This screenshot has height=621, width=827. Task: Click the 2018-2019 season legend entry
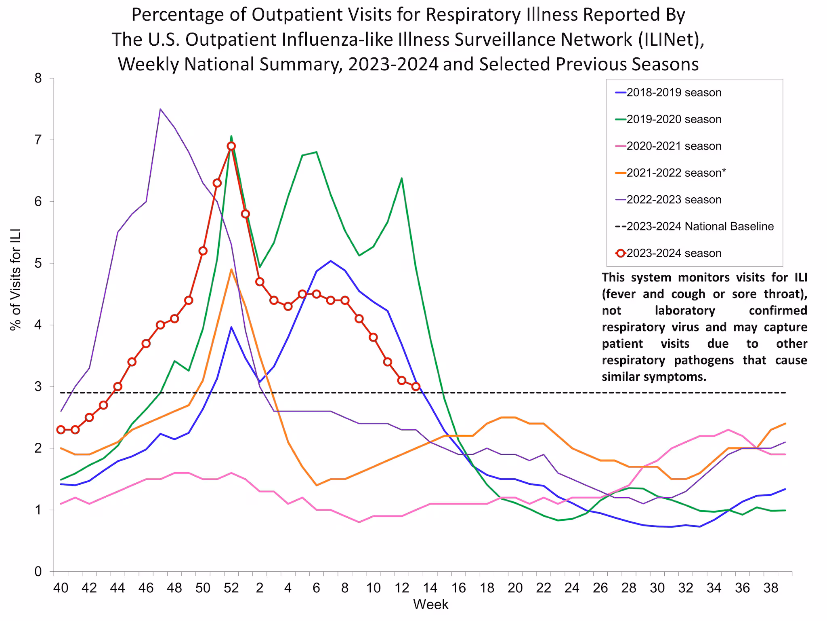[x=673, y=93]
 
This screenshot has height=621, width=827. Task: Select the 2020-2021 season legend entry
[x=673, y=146]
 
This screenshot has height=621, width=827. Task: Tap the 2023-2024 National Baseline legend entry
[x=699, y=226]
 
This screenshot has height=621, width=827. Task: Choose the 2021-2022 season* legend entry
[x=676, y=173]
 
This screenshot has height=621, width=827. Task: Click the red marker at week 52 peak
[x=231, y=146]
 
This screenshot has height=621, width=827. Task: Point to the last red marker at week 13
[x=416, y=387]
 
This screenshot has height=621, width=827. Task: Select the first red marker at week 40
[x=61, y=429]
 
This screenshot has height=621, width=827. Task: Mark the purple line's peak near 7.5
[x=160, y=109]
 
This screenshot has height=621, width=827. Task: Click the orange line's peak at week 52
[x=231, y=269]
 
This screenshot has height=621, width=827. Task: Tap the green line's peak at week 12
[x=401, y=178]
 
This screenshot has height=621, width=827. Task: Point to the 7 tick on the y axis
[x=38, y=140]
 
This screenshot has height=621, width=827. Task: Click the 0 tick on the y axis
[x=38, y=572]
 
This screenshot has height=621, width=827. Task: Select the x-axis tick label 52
[x=231, y=587]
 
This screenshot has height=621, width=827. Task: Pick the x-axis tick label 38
[x=771, y=587]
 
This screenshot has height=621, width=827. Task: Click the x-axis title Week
[x=430, y=604]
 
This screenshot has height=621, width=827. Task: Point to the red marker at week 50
[x=203, y=251]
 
